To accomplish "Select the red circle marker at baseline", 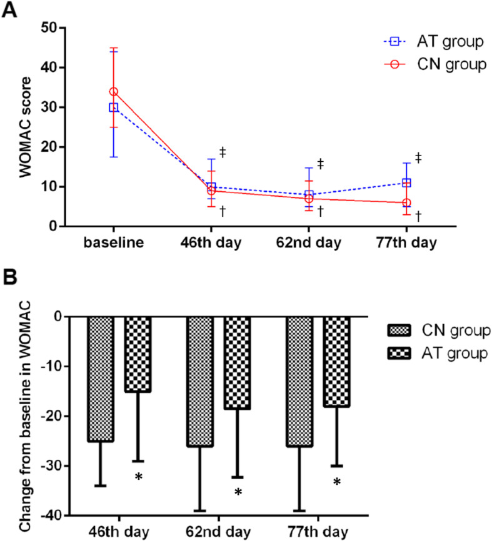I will point(114,91).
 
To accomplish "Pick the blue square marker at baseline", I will point(114,107).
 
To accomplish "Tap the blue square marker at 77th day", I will point(406,182).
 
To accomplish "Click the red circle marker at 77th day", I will point(406,202).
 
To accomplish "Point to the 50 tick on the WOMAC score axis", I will point(49,28).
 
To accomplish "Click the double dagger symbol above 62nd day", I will point(321,164).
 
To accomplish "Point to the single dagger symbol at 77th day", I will point(418,216).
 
